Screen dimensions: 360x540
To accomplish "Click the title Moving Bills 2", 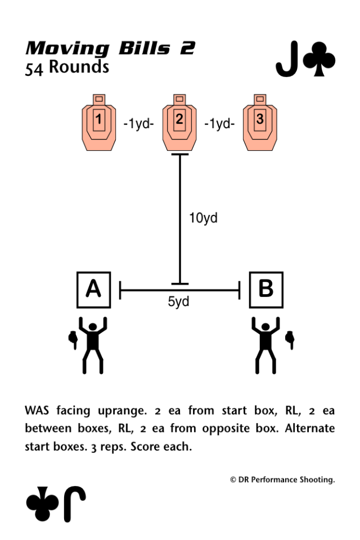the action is (x=110, y=48).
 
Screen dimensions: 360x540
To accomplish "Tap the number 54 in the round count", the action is (x=34, y=69).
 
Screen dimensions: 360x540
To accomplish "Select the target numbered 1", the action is (x=99, y=122).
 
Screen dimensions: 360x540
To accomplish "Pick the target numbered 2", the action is (x=179, y=122).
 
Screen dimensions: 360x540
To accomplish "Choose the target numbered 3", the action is (x=260, y=122).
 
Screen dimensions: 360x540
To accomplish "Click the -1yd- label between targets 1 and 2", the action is (x=139, y=123).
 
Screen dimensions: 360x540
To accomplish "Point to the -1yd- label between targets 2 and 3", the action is (x=220, y=123).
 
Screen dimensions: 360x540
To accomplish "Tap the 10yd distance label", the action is (x=203, y=218).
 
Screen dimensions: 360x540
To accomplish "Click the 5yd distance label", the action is (x=178, y=301).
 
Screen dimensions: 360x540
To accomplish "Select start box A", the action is (x=94, y=290).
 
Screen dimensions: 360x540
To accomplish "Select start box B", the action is (x=266, y=290).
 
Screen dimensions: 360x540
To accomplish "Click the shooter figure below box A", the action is (x=89, y=345).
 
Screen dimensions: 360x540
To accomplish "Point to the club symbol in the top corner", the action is (x=319, y=59).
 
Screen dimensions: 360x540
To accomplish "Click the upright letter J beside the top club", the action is (x=287, y=59).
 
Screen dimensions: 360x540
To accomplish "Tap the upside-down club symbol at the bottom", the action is (x=42, y=503).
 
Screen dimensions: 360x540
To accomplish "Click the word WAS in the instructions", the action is (x=37, y=411).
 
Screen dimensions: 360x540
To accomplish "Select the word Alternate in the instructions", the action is (x=310, y=428).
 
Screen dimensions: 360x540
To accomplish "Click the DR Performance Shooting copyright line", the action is (x=282, y=480).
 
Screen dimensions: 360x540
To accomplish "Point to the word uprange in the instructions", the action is (x=122, y=411).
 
